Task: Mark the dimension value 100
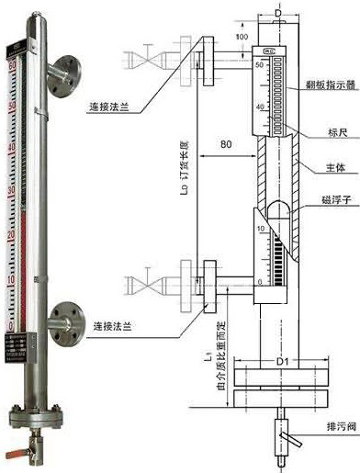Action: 241,38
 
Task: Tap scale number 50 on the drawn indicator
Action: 260,65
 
